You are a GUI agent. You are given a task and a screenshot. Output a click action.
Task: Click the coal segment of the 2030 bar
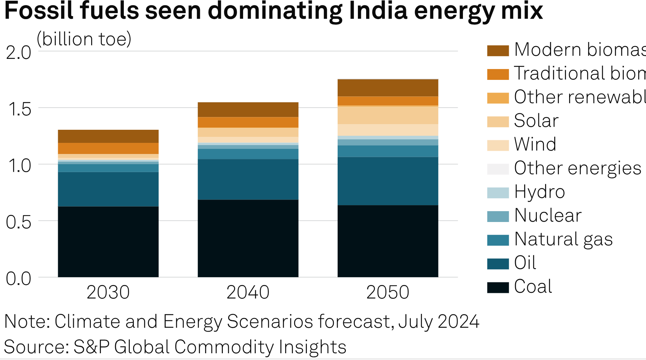[x=108, y=241]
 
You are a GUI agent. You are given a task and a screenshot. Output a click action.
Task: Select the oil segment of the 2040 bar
[x=248, y=179]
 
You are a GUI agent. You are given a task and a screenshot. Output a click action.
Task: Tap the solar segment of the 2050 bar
[x=388, y=115]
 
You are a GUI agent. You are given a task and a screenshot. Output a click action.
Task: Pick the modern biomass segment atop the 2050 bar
[x=388, y=88]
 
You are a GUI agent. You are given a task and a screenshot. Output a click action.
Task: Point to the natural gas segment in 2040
[x=248, y=154]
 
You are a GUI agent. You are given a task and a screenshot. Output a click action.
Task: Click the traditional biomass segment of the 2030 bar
[x=108, y=148]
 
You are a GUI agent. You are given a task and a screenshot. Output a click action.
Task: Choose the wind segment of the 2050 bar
[x=388, y=130]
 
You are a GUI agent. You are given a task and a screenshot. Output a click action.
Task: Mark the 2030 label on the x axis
[x=108, y=292]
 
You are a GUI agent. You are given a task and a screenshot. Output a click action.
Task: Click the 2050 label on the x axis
[x=388, y=292]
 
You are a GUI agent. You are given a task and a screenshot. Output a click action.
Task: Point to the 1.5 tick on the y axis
[x=19, y=109]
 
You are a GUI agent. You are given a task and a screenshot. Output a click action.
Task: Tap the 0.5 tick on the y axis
[x=19, y=222]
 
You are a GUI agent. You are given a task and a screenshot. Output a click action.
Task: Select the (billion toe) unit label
[x=84, y=39]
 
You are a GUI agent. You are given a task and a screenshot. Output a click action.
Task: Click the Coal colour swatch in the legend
[x=498, y=287]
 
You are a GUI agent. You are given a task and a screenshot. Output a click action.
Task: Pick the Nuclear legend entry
[x=548, y=216]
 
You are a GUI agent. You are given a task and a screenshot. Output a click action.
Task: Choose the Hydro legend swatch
[x=498, y=192]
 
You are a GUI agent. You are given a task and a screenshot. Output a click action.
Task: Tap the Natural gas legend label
[x=563, y=239]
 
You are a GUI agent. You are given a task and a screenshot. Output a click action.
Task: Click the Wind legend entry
[x=535, y=144]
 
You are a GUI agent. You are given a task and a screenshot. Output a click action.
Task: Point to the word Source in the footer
[x=34, y=347]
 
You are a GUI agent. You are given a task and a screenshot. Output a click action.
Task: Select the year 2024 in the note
[x=458, y=321]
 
